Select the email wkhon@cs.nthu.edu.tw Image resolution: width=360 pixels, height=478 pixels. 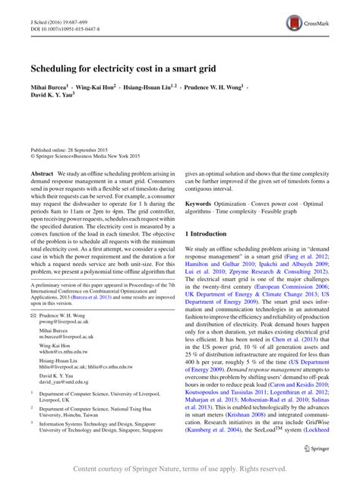[x=64, y=351]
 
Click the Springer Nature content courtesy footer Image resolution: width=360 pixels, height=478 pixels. [x=180, y=470]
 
